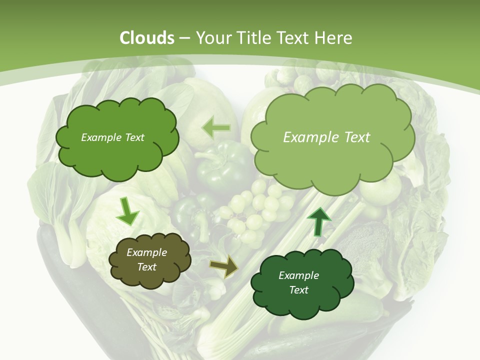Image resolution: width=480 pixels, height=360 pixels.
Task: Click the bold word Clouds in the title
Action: [x=147, y=38]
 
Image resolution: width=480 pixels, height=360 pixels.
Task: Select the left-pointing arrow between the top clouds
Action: [x=216, y=128]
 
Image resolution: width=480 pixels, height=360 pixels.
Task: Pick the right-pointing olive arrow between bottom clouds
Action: [x=224, y=266]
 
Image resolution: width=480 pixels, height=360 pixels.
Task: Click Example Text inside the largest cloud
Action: [x=326, y=137]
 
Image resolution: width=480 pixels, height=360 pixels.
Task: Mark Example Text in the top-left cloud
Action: [x=112, y=137]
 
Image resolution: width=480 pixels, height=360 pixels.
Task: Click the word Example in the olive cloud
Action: [x=146, y=252]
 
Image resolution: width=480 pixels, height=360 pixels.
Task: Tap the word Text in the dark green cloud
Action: [x=298, y=290]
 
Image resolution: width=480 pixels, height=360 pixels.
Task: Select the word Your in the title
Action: [x=212, y=38]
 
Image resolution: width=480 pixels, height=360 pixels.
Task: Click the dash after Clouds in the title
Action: [x=184, y=38]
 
